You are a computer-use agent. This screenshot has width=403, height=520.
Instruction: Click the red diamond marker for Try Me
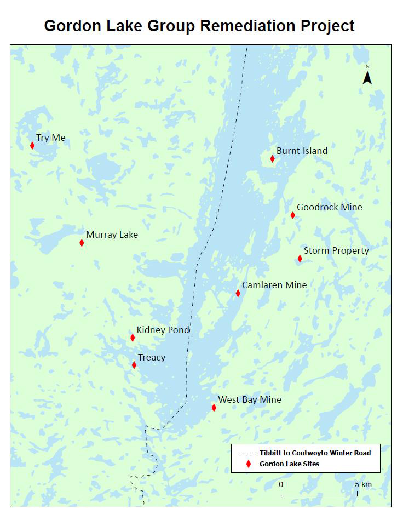[32, 146]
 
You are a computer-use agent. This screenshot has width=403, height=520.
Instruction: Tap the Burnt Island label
[302, 151]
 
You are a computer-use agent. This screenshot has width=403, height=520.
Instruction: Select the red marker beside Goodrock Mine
[292, 215]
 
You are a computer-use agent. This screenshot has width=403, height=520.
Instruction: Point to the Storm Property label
[336, 250]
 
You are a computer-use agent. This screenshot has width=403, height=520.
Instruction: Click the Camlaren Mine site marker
[238, 293]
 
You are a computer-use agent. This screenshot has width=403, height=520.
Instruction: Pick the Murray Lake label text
[112, 235]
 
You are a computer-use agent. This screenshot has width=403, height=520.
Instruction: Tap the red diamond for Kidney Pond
[133, 338]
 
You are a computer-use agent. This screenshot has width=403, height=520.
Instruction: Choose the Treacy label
[151, 357]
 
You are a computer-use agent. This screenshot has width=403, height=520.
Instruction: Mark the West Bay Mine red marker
[214, 408]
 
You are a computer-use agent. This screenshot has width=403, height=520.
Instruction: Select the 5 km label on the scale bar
[362, 484]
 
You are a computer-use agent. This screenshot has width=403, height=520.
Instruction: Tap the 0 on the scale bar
[281, 484]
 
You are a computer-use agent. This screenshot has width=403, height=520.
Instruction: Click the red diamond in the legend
[249, 464]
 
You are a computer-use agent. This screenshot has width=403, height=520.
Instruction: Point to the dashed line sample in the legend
[248, 453]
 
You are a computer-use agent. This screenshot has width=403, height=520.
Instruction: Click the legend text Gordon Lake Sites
[289, 464]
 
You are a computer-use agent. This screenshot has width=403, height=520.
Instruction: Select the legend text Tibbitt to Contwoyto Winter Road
[315, 453]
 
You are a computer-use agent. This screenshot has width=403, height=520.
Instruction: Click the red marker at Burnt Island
[272, 159]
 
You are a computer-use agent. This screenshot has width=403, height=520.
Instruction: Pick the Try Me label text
[50, 138]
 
